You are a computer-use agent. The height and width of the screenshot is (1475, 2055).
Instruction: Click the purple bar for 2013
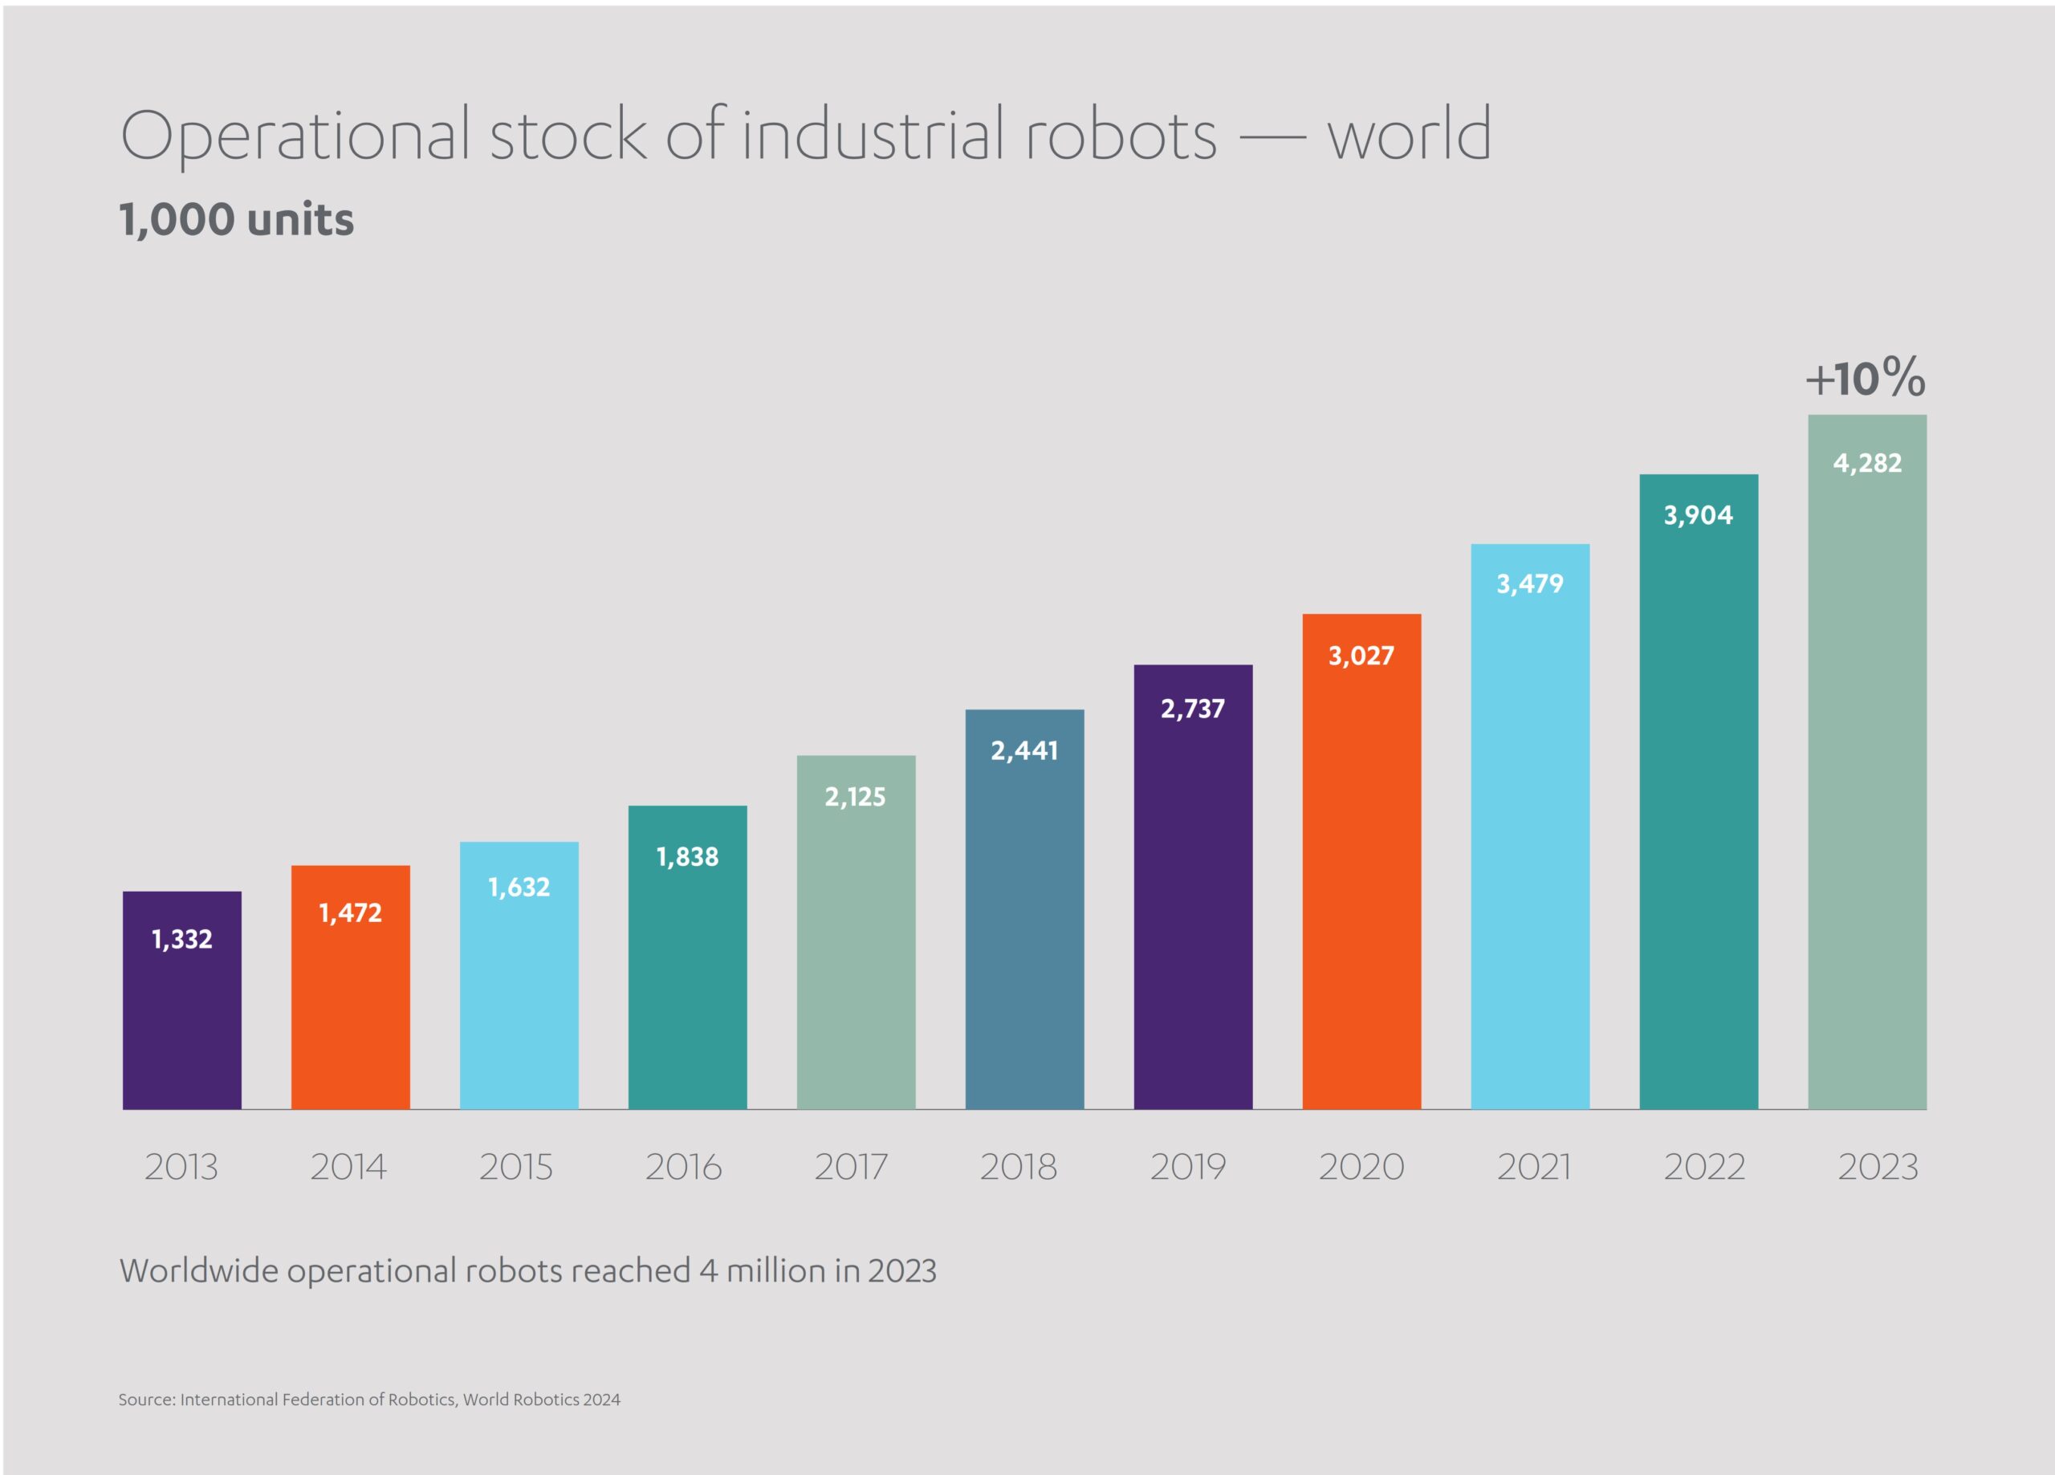[x=182, y=1006]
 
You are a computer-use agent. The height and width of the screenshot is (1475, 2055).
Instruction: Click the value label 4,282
[x=1866, y=463]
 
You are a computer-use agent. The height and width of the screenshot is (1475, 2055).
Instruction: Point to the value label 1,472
[x=351, y=913]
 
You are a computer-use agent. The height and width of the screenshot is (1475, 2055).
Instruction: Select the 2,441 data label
[x=1023, y=750]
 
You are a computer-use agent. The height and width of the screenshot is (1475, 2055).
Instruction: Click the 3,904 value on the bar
[x=1698, y=515]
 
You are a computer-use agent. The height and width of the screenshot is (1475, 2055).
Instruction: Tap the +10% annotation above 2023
[x=1865, y=378]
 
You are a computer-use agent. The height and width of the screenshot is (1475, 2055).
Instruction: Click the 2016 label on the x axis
[x=684, y=1167]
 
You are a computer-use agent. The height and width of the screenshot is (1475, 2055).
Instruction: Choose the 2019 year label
[x=1188, y=1167]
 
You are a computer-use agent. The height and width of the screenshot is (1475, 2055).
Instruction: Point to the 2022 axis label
[x=1704, y=1167]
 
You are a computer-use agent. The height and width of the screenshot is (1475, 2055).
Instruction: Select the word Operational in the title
[x=295, y=136]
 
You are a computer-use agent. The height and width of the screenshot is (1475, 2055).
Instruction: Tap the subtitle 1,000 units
[x=237, y=220]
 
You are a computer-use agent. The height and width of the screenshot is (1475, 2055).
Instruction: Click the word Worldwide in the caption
[x=198, y=1270]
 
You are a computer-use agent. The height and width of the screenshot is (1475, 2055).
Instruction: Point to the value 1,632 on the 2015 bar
[x=519, y=887]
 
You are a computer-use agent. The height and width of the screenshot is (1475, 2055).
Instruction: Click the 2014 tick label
[x=349, y=1167]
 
